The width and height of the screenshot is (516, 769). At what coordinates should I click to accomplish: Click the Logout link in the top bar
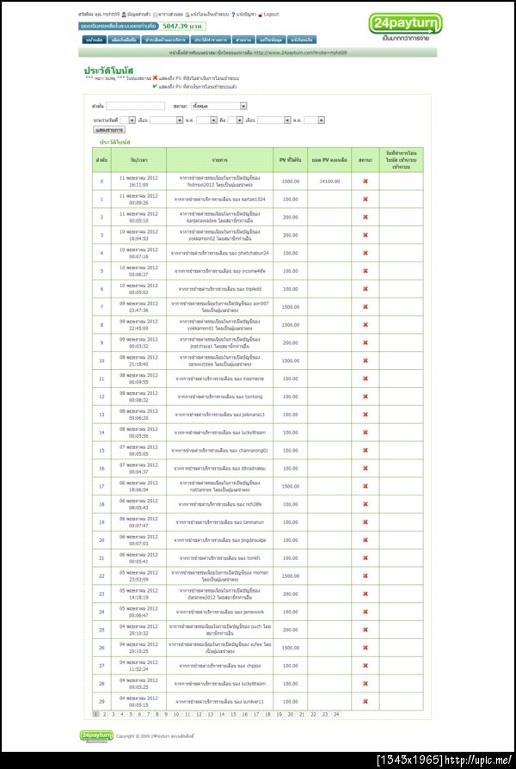tap(270, 15)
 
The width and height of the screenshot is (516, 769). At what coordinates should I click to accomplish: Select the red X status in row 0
tap(365, 181)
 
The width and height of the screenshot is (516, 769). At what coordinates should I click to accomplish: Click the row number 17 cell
tap(101, 486)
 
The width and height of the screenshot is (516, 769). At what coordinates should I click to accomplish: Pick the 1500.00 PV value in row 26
tap(290, 647)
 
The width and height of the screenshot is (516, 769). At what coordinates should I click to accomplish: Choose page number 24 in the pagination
tap(336, 714)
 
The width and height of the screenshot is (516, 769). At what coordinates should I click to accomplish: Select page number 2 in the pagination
tap(104, 714)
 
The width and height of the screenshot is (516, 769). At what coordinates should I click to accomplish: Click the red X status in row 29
tap(365, 701)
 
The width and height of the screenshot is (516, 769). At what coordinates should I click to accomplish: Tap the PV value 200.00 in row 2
tap(290, 217)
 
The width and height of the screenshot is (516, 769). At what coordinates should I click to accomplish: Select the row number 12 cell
tap(101, 397)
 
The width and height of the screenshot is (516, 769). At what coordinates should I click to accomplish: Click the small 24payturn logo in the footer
tap(95, 735)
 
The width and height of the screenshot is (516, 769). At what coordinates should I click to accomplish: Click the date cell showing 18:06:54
tap(138, 486)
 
